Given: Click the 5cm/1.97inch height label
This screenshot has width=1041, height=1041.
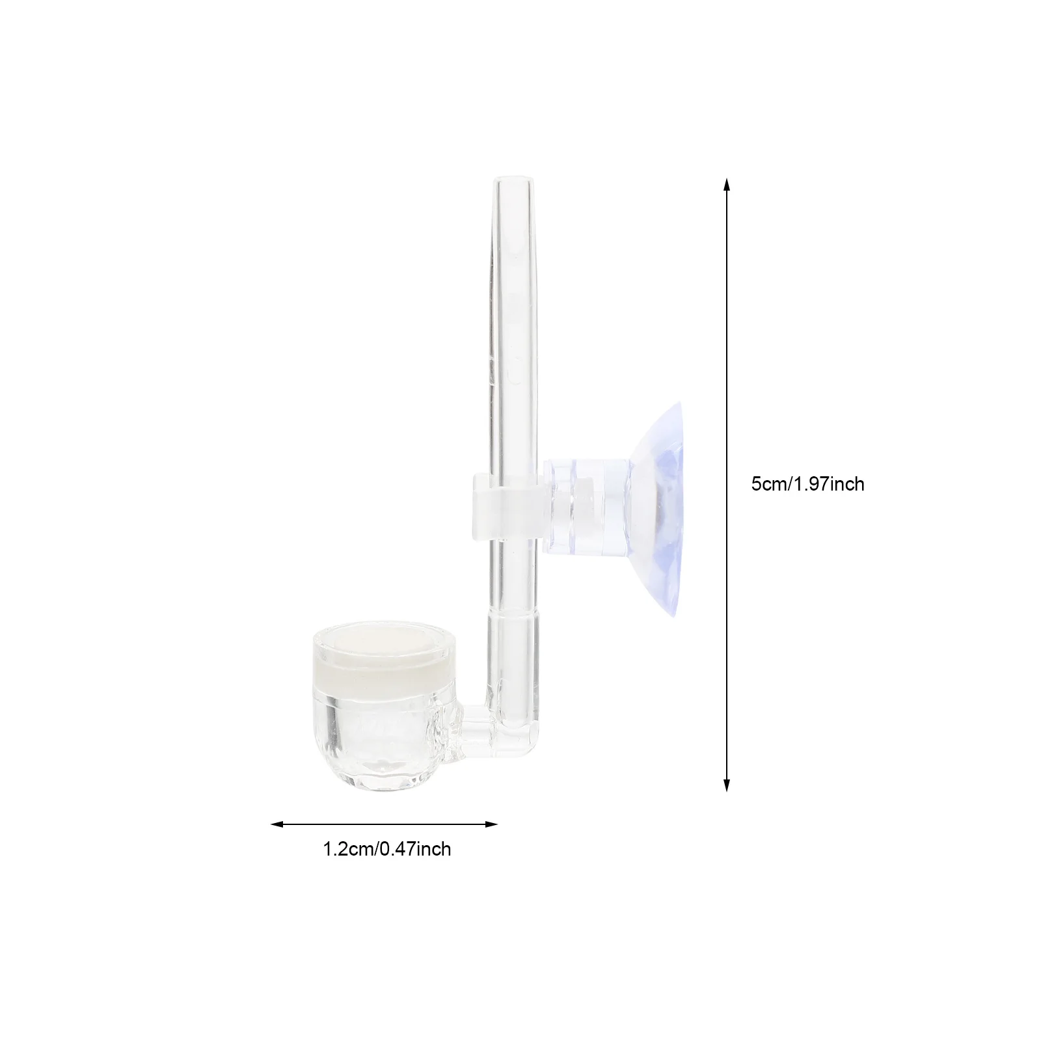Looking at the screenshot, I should (807, 484).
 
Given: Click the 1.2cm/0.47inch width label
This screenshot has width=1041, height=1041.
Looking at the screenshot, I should (387, 849).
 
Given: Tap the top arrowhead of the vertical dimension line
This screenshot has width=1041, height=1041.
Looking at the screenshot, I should (727, 185).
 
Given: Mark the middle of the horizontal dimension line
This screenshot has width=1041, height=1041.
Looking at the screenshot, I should (384, 824).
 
